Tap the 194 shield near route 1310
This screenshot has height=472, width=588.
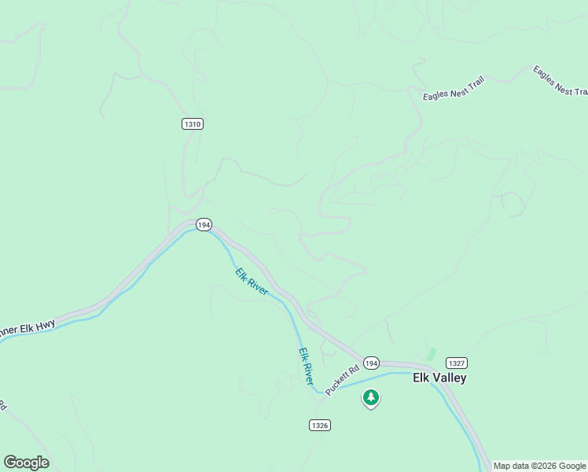[204, 224]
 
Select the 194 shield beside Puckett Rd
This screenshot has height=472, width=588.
[372, 363]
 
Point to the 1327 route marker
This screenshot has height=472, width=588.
[456, 363]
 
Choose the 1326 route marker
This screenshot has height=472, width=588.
[319, 425]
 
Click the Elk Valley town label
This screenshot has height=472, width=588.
[439, 378]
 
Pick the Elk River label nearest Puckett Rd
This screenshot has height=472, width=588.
[306, 366]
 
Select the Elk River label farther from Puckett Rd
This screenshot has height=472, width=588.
[252, 282]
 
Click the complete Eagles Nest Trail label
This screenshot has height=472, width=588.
[454, 88]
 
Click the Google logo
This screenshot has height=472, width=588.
[26, 463]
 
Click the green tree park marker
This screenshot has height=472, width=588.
[370, 398]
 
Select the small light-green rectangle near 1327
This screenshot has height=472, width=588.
[431, 354]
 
